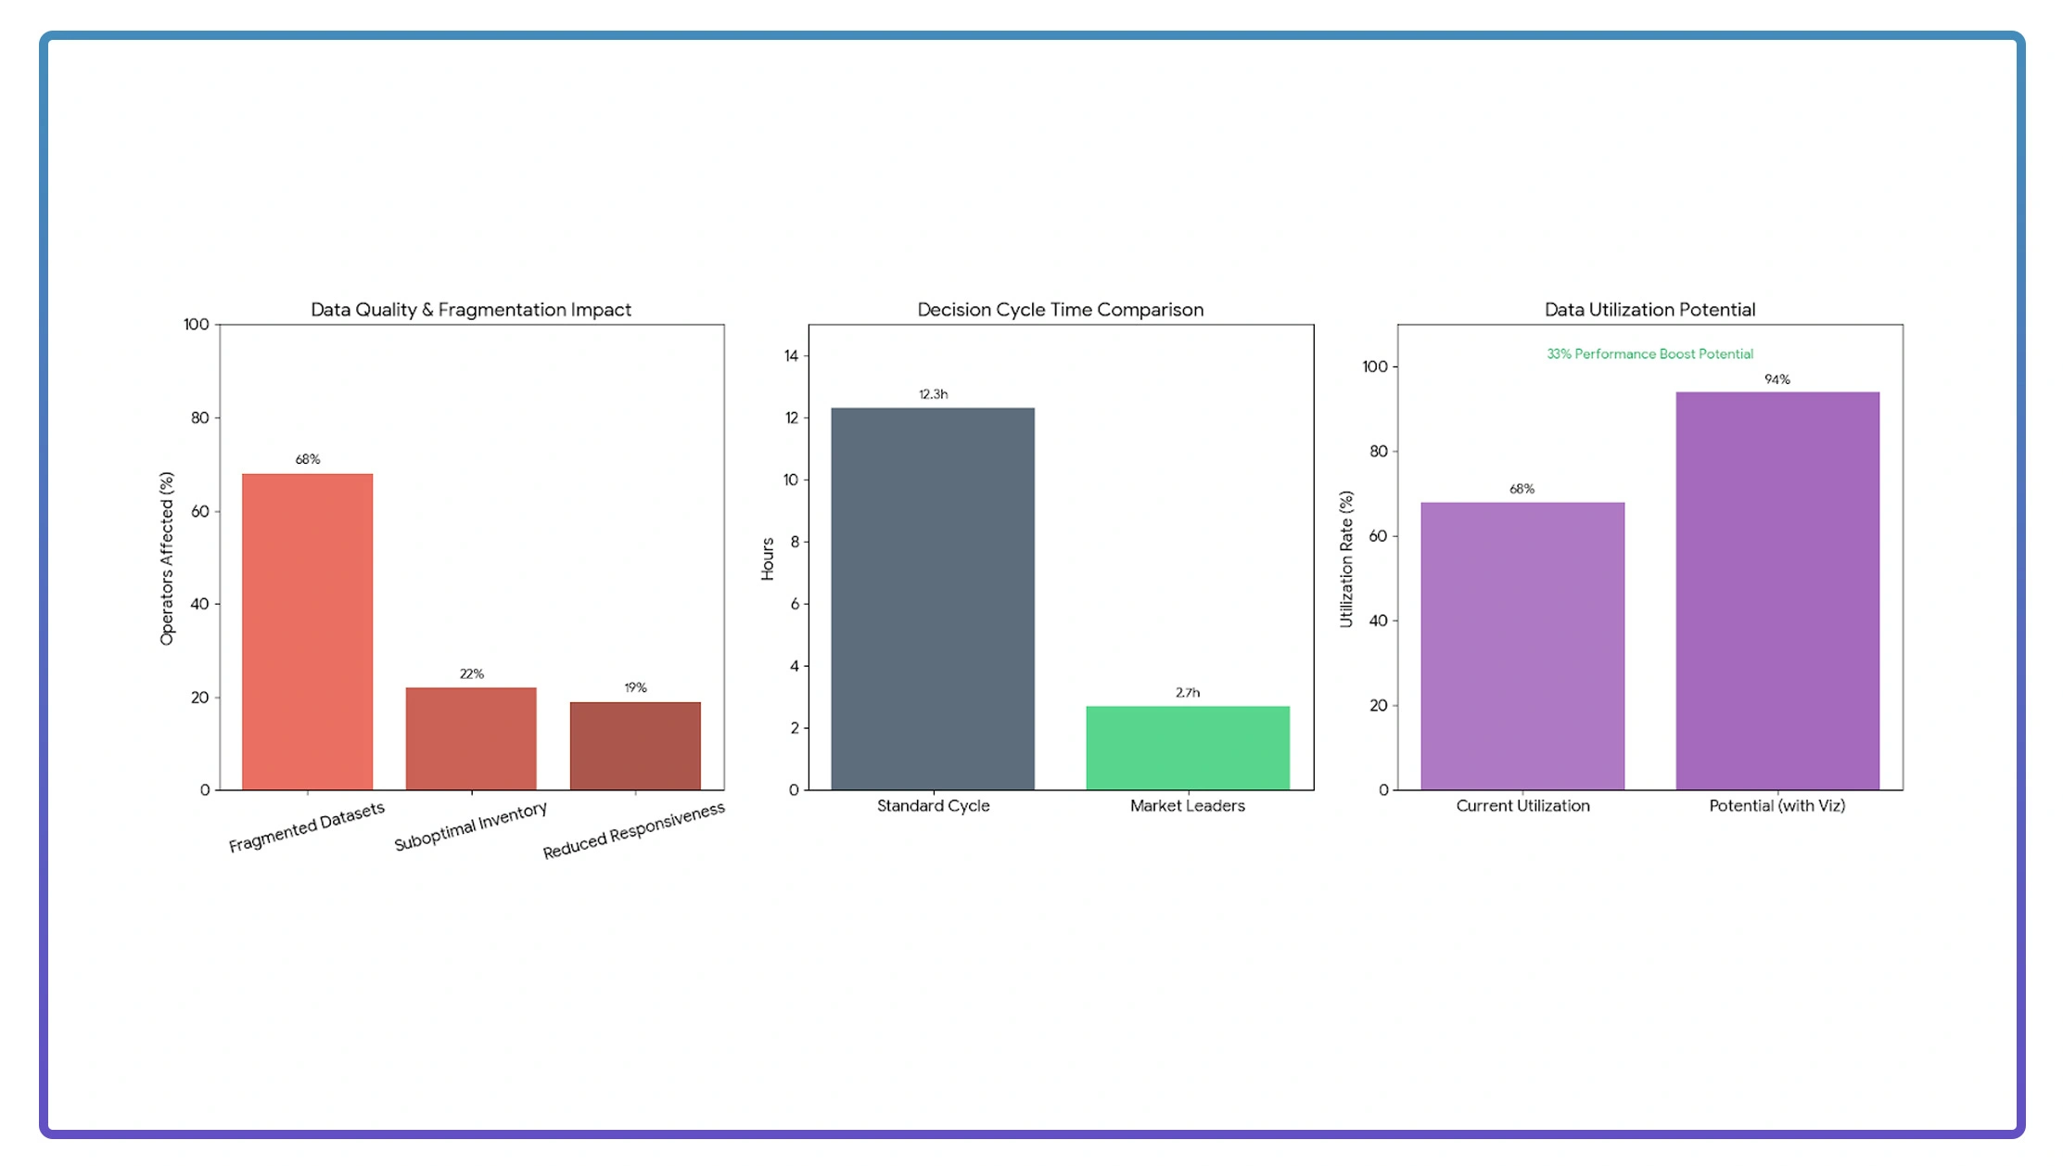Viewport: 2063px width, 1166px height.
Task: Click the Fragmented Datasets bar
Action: (x=307, y=632)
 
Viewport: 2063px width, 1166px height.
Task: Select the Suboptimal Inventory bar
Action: (x=471, y=738)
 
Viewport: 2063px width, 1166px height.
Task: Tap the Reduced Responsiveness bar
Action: (x=635, y=746)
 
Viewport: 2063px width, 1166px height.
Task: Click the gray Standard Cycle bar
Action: (x=933, y=598)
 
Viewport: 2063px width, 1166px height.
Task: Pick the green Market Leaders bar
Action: (x=1188, y=748)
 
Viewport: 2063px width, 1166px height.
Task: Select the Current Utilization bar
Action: (x=1522, y=646)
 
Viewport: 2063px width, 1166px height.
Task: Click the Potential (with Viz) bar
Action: (x=1777, y=591)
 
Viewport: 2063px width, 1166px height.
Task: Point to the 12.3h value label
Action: (x=934, y=394)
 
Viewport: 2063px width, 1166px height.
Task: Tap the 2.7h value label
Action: (x=1188, y=693)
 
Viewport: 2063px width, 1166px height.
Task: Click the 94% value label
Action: (x=1777, y=379)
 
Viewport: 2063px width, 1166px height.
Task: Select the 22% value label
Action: (x=472, y=673)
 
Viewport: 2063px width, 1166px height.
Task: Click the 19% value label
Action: (x=635, y=687)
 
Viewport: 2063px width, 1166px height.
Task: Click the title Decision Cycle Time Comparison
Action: (x=1061, y=310)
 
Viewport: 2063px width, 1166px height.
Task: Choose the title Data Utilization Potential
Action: (x=1649, y=310)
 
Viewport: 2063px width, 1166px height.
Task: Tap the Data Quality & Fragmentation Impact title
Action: (x=471, y=310)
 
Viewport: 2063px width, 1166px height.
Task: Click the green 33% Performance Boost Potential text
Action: (x=1649, y=354)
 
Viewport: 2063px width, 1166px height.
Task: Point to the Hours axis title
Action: (x=768, y=558)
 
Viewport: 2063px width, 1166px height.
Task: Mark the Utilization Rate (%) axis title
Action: (x=1346, y=558)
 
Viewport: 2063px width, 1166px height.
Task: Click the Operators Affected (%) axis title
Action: (x=167, y=558)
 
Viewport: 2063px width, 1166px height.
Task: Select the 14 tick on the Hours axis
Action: (x=791, y=356)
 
